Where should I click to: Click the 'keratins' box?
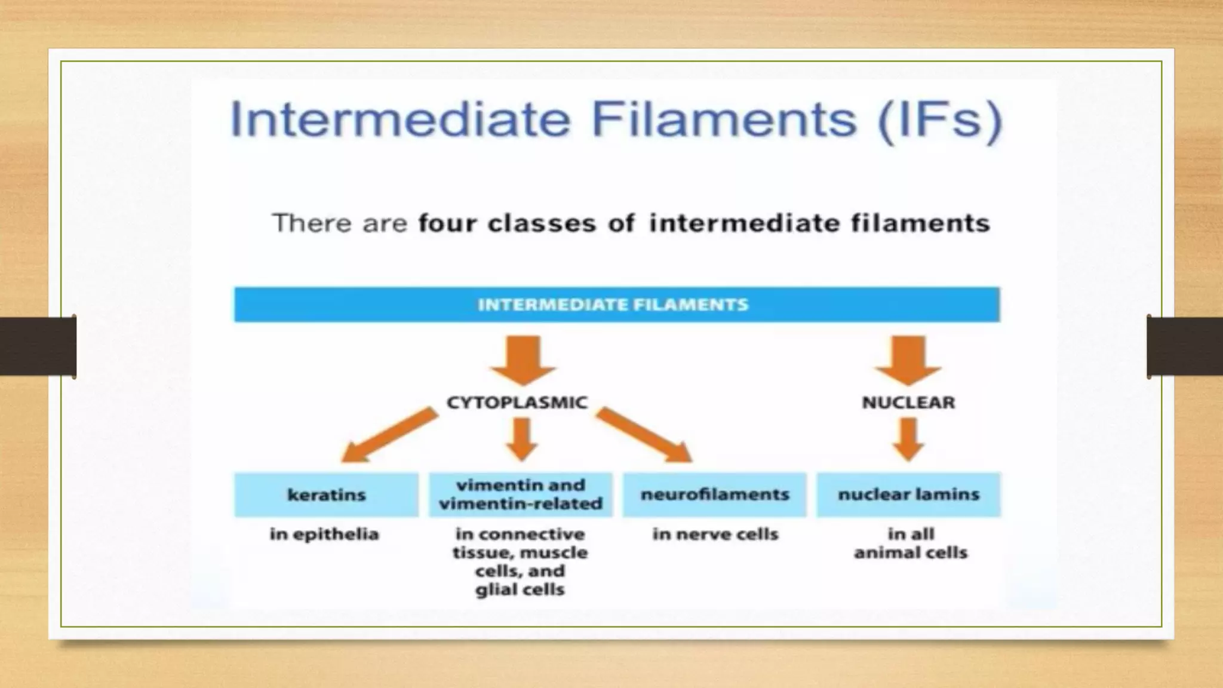point(326,494)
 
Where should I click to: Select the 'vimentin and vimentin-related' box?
point(520,494)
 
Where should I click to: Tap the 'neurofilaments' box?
point(715,494)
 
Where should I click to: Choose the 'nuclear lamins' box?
point(908,494)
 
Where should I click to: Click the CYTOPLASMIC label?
point(517,403)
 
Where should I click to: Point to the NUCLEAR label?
point(908,403)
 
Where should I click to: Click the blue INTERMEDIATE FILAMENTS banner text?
point(613,305)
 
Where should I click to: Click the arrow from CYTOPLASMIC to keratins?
point(388,435)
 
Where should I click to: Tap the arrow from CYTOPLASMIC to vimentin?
point(522,439)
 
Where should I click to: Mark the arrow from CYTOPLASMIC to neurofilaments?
point(645,435)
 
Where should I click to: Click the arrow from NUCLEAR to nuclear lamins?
point(908,439)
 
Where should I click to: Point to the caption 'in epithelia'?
point(324,534)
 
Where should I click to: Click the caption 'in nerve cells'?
point(715,534)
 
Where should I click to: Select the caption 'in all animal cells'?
point(910,543)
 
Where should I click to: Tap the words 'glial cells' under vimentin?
point(520,590)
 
